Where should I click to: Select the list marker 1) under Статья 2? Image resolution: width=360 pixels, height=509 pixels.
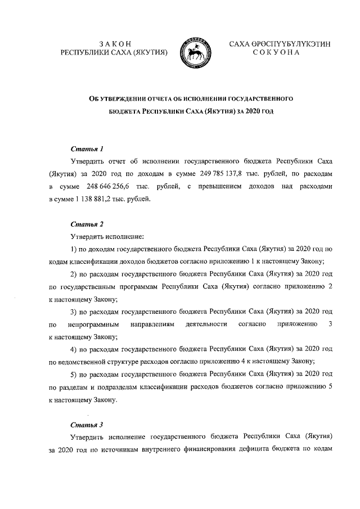pos(73,249)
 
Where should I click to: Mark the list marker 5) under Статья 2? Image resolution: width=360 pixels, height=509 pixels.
pos(73,374)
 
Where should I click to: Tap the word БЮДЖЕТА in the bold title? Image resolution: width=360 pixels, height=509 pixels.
pos(128,111)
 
